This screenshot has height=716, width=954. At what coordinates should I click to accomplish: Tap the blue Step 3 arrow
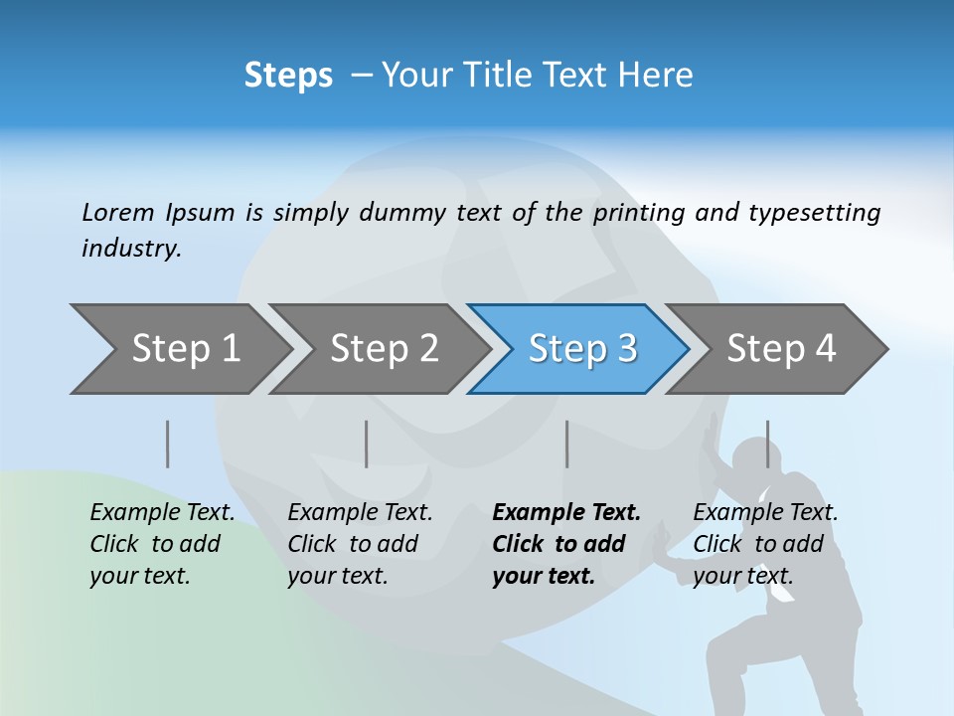[581, 349]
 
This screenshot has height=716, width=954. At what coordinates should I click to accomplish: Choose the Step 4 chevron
[780, 349]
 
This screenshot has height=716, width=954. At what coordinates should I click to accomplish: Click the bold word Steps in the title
[288, 76]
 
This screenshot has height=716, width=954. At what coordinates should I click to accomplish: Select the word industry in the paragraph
[130, 249]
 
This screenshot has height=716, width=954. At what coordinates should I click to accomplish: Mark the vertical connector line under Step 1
[168, 444]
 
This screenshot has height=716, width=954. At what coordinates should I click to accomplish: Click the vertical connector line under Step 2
[367, 444]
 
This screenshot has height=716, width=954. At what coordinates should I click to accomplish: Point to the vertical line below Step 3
[567, 444]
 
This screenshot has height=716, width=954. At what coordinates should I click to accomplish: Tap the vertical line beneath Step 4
[767, 444]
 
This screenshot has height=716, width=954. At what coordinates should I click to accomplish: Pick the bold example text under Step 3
[565, 544]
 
